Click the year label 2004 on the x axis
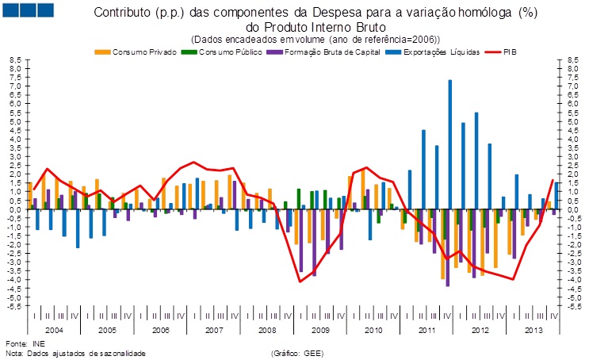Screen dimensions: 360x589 point(55,328)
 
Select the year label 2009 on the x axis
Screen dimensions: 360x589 point(319,328)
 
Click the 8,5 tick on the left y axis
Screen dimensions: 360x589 point(14,59)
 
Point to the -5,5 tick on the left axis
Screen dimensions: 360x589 point(13,306)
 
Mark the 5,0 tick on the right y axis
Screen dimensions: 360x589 point(574,121)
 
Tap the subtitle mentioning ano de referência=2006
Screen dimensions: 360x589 point(315,39)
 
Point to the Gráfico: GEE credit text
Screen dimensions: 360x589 point(297,353)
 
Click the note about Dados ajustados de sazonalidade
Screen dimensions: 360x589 point(76,353)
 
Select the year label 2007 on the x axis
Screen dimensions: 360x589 point(214,328)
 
